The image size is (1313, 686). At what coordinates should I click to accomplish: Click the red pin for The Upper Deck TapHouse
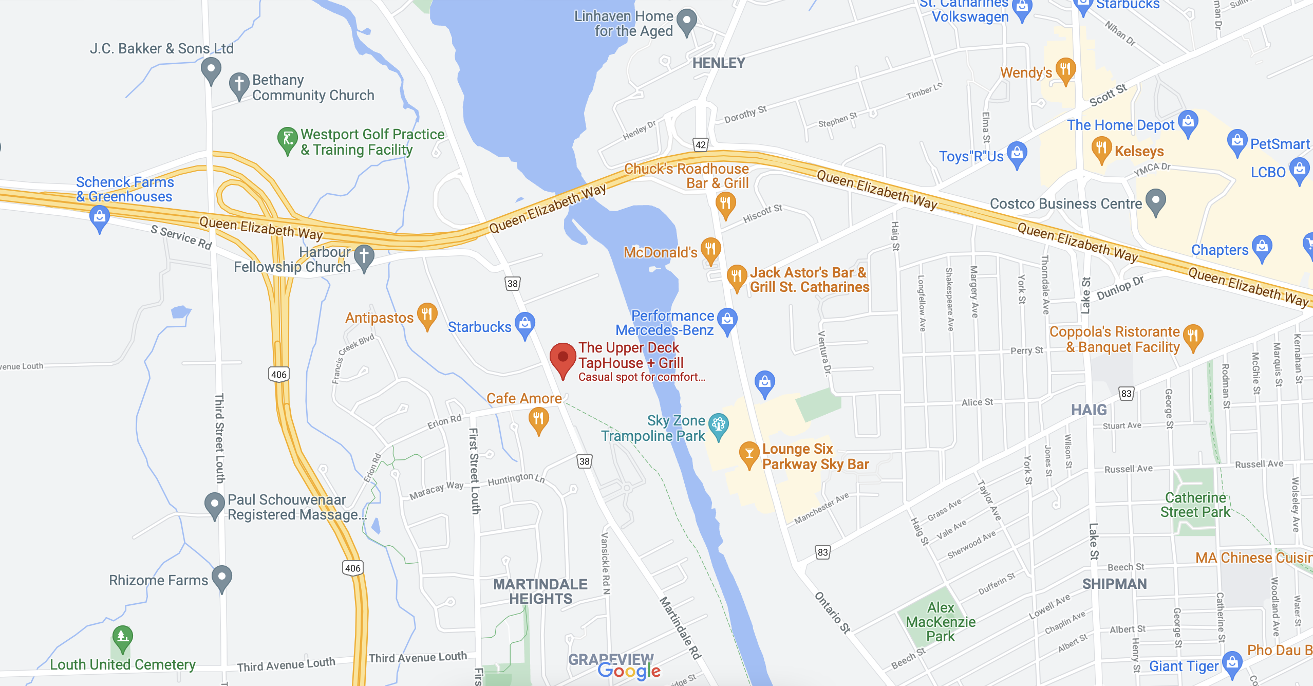coord(562,358)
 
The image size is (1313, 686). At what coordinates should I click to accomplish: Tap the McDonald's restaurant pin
coord(710,250)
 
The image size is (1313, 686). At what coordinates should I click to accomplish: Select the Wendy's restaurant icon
coord(1065,69)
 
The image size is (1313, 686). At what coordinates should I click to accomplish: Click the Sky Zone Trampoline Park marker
coord(718,425)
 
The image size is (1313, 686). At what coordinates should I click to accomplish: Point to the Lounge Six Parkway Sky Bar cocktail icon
coord(749,454)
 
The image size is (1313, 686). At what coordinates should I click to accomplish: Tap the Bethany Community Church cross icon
coord(239,84)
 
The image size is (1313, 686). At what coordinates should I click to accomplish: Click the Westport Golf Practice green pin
coord(287,139)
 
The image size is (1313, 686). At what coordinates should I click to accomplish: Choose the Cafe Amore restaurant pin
coord(538,420)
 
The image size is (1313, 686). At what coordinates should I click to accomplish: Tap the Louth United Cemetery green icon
coord(122,638)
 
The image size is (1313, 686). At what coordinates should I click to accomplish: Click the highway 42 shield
coord(701,144)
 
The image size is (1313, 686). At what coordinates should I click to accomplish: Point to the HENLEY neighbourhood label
coord(718,63)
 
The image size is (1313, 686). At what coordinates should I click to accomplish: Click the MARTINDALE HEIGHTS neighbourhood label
coord(540,591)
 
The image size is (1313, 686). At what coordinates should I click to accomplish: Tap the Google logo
coord(629,671)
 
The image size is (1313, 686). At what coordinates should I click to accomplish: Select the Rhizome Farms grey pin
coord(222,578)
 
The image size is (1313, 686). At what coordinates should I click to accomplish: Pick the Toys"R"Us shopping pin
coord(1017,154)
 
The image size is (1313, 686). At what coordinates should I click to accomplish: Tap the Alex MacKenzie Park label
coord(940,622)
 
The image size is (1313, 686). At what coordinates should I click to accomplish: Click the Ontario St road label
coord(832,612)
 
